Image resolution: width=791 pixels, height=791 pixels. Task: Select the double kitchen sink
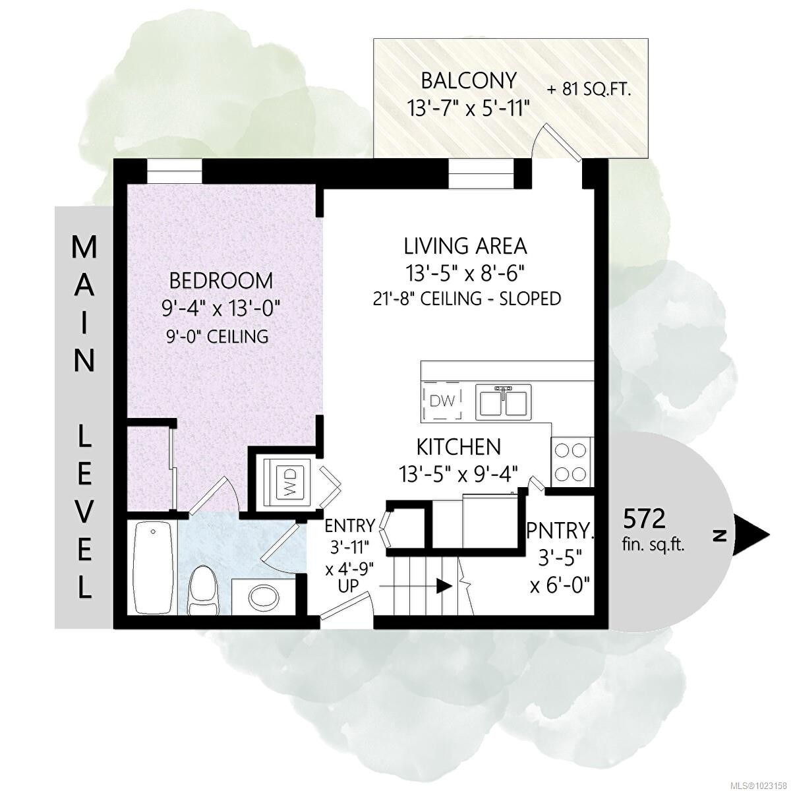[x=504, y=402]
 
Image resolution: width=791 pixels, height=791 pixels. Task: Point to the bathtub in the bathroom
[x=153, y=566]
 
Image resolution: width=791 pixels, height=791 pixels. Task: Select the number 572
[x=644, y=519]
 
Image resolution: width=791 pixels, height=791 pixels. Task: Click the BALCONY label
[x=469, y=81]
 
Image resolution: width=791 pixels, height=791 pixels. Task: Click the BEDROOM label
[x=221, y=281]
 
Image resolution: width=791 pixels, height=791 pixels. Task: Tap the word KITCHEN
[x=459, y=447]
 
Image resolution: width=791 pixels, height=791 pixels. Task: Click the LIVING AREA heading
[x=465, y=247]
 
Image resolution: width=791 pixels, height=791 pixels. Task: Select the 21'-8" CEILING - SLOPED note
[x=467, y=299]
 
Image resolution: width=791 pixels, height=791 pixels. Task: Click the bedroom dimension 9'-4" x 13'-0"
[x=221, y=308]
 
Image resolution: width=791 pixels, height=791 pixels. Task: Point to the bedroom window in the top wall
[x=175, y=171]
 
